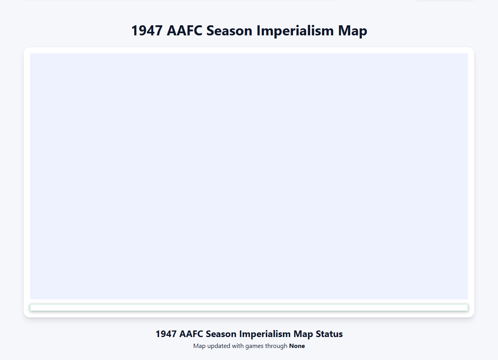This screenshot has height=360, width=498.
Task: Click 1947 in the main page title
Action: pyautogui.click(x=147, y=30)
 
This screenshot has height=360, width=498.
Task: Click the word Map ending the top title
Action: pyautogui.click(x=353, y=30)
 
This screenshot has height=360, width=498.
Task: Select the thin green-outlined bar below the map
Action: pyautogui.click(x=249, y=308)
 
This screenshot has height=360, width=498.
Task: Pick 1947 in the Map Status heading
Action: pyautogui.click(x=166, y=334)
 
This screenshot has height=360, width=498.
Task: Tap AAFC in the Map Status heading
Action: pyautogui.click(x=191, y=334)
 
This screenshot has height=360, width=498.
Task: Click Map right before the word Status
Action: pyautogui.click(x=303, y=334)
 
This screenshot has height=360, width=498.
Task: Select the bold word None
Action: pyautogui.click(x=297, y=346)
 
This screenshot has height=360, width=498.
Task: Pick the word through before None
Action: pyautogui.click(x=276, y=346)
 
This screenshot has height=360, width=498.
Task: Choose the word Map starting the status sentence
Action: pyautogui.click(x=199, y=346)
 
